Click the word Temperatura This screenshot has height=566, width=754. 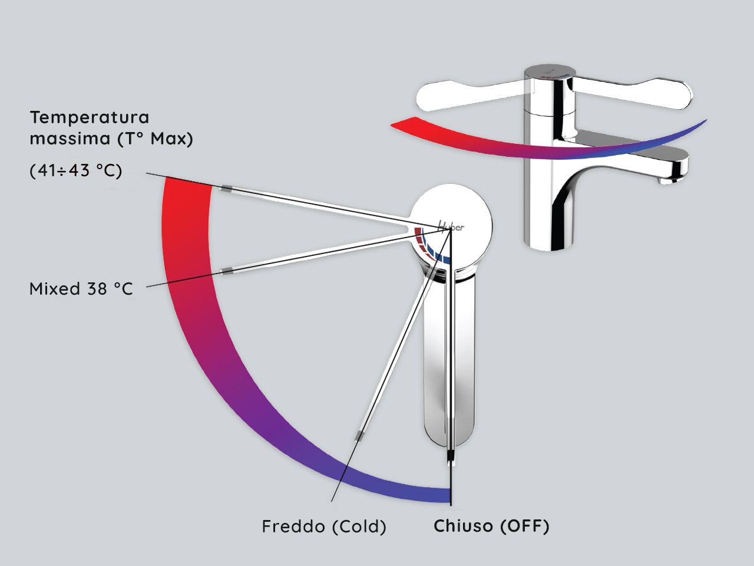90,117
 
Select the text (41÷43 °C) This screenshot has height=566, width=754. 76,171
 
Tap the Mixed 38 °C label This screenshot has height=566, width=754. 81,289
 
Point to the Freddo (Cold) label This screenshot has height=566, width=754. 324,526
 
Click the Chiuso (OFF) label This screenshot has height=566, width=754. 491,526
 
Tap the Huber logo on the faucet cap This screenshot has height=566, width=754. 451,226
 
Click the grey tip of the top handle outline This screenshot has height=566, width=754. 227,189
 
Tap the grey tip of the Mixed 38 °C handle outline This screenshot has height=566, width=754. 226,271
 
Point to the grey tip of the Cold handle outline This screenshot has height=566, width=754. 358,436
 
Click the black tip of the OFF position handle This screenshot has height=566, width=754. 451,456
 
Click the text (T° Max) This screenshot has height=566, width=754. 155,139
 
